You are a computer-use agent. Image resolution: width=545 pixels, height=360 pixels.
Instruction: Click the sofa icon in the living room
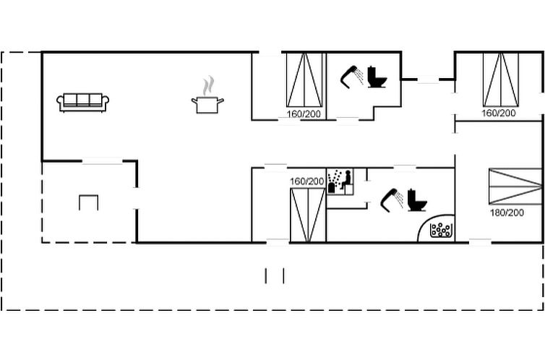82,103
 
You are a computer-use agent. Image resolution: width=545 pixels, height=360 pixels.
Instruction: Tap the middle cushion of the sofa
82,100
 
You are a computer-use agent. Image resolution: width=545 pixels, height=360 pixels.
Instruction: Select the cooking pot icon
207,105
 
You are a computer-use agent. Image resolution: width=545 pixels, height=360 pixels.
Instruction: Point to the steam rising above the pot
209,86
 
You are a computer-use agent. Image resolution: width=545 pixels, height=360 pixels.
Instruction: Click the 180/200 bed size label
507,213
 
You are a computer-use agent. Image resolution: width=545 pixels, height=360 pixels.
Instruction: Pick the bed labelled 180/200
515,187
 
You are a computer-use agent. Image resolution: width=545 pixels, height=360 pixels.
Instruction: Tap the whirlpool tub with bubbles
440,230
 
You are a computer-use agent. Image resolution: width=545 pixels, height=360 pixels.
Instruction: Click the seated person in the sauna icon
346,180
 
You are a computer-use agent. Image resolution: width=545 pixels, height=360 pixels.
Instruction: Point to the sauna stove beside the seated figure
331,188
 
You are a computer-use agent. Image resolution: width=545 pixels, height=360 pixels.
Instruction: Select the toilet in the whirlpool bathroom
417,200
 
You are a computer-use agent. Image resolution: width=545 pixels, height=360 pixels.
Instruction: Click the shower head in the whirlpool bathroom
392,200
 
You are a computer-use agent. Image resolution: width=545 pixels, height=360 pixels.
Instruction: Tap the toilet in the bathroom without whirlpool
377,77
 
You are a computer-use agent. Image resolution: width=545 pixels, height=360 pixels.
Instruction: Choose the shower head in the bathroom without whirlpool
352,77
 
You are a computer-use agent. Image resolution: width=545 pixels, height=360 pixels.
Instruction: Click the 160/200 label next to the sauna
307,181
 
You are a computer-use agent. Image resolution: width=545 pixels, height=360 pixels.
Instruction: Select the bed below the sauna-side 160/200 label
308,215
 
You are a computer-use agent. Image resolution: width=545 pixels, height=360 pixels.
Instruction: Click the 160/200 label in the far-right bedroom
499,113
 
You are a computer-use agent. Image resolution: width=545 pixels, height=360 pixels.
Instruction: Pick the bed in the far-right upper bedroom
501,80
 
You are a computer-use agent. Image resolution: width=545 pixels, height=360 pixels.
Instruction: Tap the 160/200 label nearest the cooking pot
304,114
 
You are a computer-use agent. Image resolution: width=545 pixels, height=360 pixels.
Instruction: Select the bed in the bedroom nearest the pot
304,80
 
